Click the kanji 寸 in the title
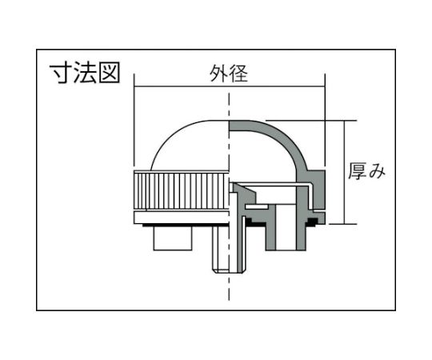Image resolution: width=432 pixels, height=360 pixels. [61, 73]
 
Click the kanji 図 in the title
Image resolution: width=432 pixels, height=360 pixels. [110, 73]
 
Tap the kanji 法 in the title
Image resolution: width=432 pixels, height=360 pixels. [85, 73]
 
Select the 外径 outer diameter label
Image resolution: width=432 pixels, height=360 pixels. [229, 74]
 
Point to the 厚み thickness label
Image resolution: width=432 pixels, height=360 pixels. [367, 171]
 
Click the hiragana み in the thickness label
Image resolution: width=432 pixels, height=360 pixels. [377, 171]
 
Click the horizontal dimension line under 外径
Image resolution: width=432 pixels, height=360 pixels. [230, 87]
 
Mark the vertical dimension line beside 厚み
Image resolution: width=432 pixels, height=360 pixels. [344, 172]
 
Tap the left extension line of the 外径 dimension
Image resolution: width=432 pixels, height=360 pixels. [134, 121]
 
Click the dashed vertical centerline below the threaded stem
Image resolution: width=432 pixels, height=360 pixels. [229, 286]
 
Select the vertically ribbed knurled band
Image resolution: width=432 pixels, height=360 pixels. [182, 190]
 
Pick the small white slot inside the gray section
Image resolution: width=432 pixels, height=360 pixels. [257, 206]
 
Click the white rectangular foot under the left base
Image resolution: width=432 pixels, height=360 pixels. [173, 238]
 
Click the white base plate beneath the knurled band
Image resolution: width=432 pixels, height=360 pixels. [182, 218]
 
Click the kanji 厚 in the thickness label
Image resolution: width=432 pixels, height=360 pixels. [358, 171]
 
